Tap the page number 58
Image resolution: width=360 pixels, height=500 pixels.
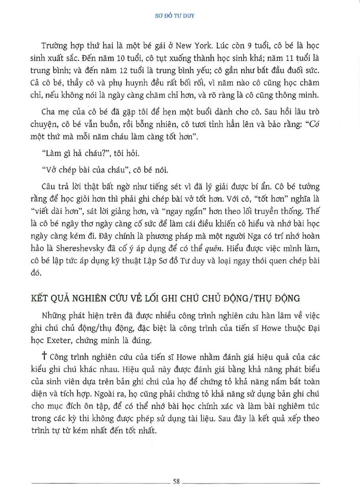click(177, 481)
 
